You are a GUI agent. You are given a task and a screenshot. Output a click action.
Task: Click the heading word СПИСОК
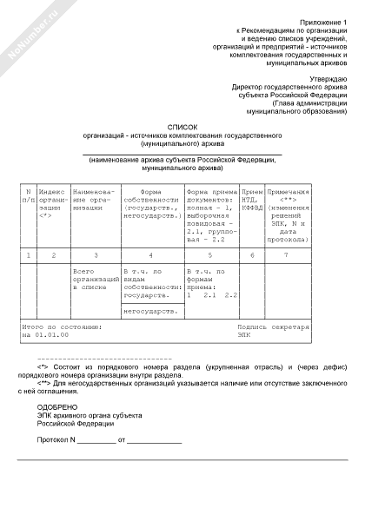click(x=176, y=127)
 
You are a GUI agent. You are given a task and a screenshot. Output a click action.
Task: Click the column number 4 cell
click(x=151, y=254)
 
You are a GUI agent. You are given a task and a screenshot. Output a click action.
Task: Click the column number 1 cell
click(x=29, y=254)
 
